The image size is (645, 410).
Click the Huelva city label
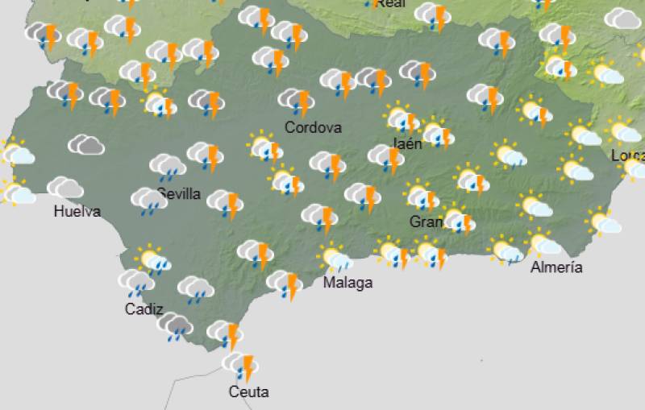point(77,212)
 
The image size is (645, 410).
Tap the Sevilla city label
point(179,193)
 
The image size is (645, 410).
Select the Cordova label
point(313,127)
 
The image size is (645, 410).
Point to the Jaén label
point(407,144)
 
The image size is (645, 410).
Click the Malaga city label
point(347,283)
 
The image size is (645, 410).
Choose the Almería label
point(556,267)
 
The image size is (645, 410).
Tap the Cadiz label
point(144,309)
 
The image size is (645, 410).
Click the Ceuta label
point(248,392)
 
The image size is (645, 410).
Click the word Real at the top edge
point(391,4)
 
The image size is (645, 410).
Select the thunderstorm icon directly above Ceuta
point(241,366)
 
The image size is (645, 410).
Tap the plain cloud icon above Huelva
point(65,188)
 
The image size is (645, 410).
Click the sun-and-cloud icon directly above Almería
point(544,242)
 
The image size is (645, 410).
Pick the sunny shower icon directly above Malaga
point(336,259)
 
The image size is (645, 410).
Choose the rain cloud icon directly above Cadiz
point(136,282)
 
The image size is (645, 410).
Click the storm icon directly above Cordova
point(296,101)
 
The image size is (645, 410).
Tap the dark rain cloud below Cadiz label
point(175,326)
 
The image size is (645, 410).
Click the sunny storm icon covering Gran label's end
point(457,219)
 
